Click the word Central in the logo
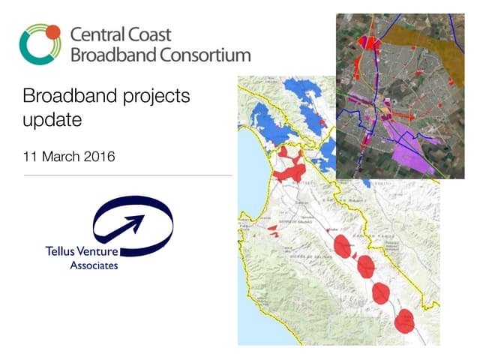coord(94,35)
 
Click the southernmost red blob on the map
coord(405,321)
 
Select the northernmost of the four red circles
coord(342,245)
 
